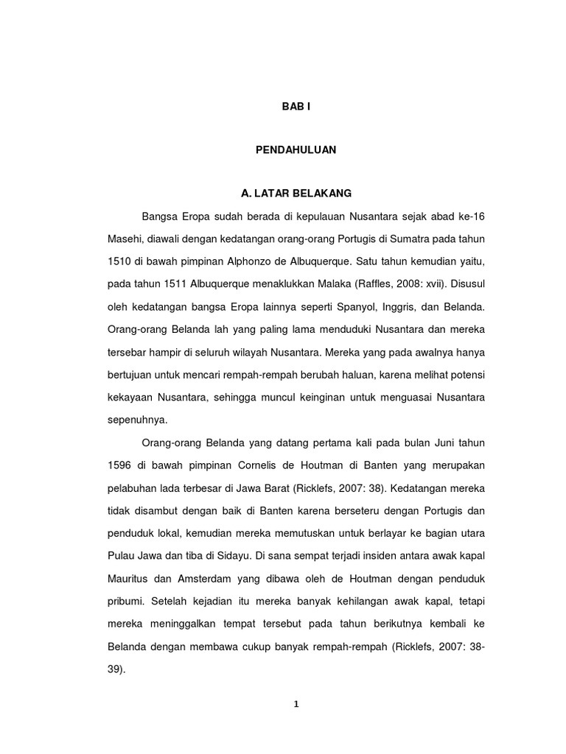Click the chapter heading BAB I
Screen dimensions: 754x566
pos(296,107)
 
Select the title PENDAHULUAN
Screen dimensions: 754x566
pos(296,149)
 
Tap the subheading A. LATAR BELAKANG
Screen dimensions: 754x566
pos(296,193)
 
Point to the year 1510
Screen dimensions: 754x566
pos(119,261)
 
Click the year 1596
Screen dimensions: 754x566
pos(119,465)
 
